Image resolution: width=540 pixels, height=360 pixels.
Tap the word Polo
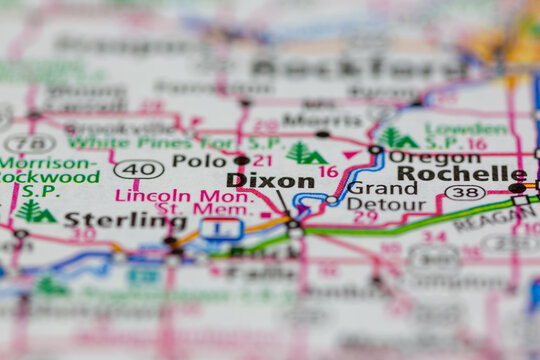[x=199, y=160]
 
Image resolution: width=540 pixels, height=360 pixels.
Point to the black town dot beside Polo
[x=241, y=160]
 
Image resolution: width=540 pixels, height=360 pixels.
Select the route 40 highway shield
[x=139, y=169]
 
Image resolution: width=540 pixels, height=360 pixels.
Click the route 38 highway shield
[x=464, y=192]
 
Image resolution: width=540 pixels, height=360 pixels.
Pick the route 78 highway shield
[x=30, y=143]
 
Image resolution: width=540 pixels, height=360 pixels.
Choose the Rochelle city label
[x=461, y=173]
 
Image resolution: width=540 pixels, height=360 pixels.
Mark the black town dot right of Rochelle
[x=516, y=187]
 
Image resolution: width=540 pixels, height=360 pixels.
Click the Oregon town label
[x=434, y=157]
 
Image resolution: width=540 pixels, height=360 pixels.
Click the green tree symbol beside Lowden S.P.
[x=396, y=138]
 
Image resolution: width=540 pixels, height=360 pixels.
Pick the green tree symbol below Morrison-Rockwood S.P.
[x=35, y=211]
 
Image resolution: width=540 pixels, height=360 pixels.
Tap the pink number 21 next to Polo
[x=262, y=160]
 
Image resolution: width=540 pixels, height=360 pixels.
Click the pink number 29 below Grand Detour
[x=366, y=217]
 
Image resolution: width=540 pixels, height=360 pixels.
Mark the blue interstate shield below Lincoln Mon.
[x=220, y=229]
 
